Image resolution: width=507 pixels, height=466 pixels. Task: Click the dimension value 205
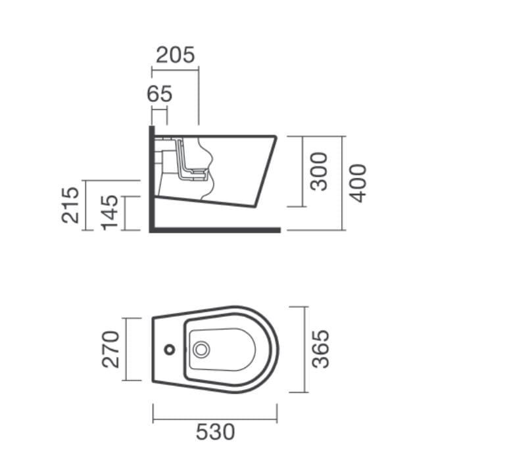[176, 55]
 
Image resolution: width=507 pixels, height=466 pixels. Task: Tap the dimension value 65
[159, 94]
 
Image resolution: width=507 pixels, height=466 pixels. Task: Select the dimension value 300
[319, 172]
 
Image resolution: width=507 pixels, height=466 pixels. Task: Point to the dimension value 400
[358, 183]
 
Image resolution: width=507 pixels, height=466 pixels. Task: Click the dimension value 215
[70, 205]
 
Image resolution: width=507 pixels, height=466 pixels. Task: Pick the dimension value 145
[110, 213]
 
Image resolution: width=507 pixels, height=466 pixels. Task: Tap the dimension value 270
[110, 350]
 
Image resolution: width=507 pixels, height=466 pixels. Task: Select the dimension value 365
[320, 349]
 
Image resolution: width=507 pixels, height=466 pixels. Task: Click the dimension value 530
[215, 432]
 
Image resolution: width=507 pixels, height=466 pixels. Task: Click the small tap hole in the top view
[170, 350]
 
